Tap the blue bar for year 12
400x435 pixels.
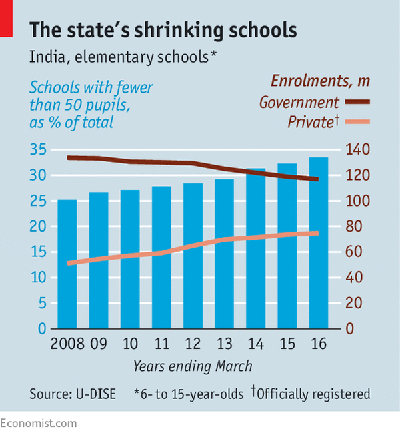click(x=193, y=256)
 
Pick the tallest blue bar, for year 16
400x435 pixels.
click(x=318, y=243)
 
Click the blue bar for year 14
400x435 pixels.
click(x=255, y=249)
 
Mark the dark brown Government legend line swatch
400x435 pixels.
click(x=357, y=102)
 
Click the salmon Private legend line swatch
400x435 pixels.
click(x=357, y=122)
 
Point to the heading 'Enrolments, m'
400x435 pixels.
click(x=319, y=82)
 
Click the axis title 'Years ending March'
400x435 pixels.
click(x=193, y=366)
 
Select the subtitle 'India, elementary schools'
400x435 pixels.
click(x=123, y=57)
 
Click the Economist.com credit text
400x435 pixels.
click(x=39, y=423)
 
